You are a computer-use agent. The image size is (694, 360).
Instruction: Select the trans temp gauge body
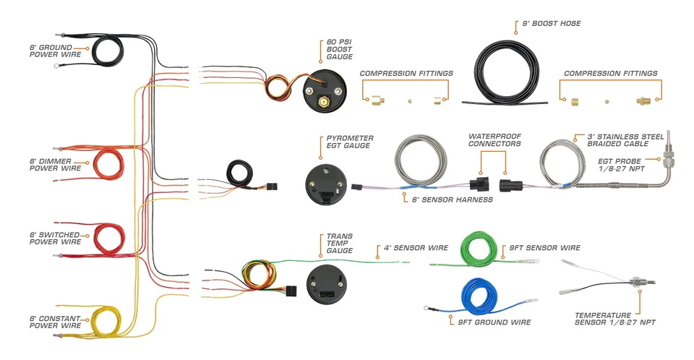(x=323, y=283)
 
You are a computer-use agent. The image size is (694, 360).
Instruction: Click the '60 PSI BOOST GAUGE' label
(x=340, y=49)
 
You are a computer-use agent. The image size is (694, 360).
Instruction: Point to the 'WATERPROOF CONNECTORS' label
(x=494, y=140)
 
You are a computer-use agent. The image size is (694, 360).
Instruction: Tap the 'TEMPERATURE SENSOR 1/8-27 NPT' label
(x=615, y=319)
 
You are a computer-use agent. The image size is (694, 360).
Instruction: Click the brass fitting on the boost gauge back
(x=324, y=103)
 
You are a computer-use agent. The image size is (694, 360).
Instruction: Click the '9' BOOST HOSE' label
(x=551, y=24)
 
